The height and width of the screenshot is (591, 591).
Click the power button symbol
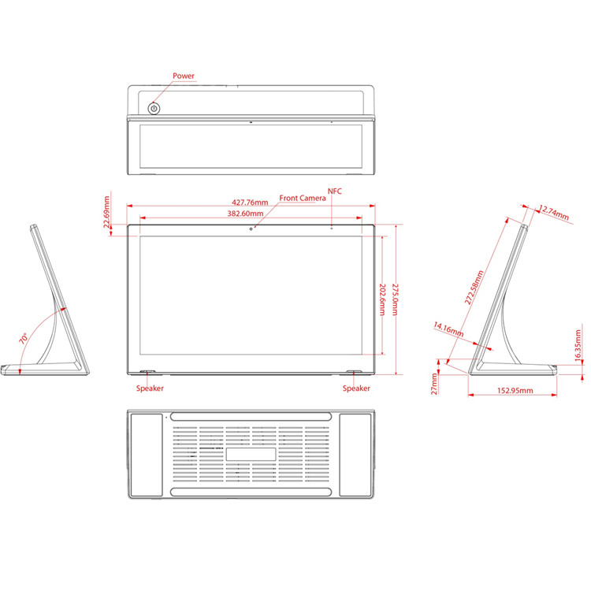coord(154,109)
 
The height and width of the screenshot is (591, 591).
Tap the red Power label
coord(184,76)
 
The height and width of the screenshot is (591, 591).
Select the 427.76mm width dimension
coord(250,203)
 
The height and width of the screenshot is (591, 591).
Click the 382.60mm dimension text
coord(245,214)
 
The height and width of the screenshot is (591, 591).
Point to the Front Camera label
coord(303,198)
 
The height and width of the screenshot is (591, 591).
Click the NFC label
coord(335,191)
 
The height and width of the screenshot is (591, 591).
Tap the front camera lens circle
coord(251,229)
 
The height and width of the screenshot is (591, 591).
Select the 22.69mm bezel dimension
coord(106,212)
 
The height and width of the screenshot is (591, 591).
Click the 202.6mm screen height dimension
coord(382,299)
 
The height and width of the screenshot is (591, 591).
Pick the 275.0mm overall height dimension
coord(395,299)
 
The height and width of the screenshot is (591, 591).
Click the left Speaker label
coord(150,388)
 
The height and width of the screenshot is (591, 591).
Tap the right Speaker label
coord(356,388)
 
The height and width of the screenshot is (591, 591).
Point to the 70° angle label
coord(24,338)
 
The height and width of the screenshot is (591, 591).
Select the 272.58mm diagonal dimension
coord(474,287)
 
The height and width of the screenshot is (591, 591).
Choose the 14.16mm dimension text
coord(448,329)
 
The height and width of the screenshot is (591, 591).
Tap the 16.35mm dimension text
coord(578,346)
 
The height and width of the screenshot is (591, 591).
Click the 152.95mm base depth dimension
coord(515,391)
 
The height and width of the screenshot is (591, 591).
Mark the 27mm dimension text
coord(434,384)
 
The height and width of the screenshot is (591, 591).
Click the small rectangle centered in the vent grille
coord(251,454)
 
